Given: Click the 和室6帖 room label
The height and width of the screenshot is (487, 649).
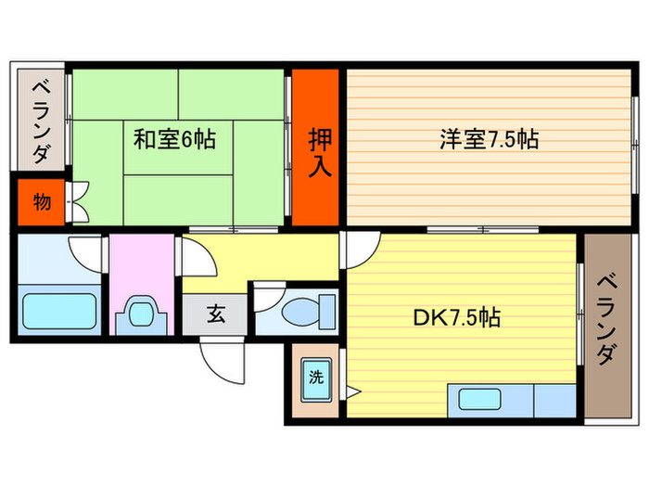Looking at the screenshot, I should (175, 140).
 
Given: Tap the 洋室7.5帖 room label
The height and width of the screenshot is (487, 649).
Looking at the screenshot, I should (489, 140).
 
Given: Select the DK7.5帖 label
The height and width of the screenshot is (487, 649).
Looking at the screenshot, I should (456, 318).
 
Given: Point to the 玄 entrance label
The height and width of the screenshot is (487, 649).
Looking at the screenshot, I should (215, 315).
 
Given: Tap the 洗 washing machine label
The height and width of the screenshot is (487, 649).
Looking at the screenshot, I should (315, 378).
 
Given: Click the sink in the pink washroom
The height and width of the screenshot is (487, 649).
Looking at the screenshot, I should (141, 313).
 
